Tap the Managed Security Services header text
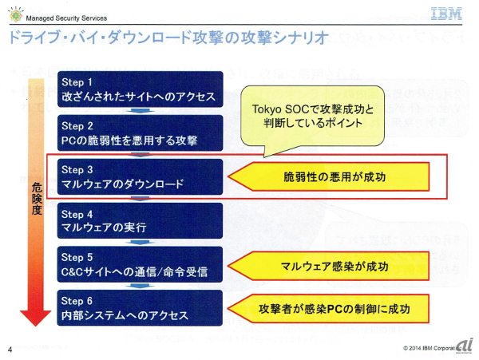tap(67, 18)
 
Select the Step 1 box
tap(139, 89)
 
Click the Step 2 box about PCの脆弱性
tap(139, 133)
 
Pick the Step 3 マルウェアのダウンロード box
tap(139, 176)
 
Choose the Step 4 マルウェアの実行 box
tap(139, 220)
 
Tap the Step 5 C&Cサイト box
tap(139, 265)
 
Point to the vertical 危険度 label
tap(35, 200)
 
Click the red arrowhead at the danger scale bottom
tap(35, 315)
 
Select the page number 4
tap(10, 350)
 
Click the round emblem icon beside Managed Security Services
tap(15, 15)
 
